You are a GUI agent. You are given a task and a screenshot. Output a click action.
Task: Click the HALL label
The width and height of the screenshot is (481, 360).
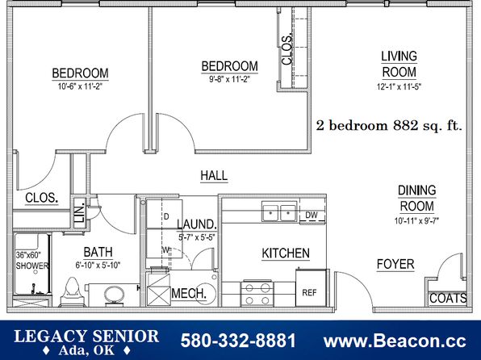click(x=214, y=175)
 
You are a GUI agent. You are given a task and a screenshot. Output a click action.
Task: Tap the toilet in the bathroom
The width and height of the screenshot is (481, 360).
click(x=73, y=291)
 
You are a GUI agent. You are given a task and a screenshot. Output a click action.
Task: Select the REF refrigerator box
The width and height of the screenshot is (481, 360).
click(x=311, y=287)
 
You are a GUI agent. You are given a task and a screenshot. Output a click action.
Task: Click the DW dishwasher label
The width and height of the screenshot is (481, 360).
click(x=312, y=215)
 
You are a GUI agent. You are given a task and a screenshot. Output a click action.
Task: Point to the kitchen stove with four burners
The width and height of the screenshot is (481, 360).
click(x=257, y=294)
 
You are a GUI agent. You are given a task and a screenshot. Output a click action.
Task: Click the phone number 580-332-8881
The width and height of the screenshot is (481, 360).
click(x=238, y=341)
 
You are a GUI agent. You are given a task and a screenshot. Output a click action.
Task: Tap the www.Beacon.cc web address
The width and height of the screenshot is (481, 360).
click(x=395, y=341)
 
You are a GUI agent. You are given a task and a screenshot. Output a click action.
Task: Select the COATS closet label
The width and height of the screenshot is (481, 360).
click(x=448, y=298)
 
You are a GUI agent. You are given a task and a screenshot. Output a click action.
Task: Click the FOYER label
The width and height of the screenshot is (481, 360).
click(x=395, y=264)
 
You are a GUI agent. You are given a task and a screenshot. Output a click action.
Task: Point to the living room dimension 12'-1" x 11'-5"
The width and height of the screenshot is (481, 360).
click(x=399, y=87)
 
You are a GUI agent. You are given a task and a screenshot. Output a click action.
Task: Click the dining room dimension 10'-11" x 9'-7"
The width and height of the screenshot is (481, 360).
click(x=416, y=220)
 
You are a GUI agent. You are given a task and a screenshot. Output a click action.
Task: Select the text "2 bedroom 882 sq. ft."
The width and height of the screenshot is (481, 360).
click(x=389, y=126)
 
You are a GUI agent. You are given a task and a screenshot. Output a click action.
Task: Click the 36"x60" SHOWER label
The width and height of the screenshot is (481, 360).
click(x=32, y=260)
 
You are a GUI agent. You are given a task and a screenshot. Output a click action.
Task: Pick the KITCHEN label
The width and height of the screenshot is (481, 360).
click(x=286, y=253)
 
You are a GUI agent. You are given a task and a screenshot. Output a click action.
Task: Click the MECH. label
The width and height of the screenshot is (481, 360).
click(x=189, y=293)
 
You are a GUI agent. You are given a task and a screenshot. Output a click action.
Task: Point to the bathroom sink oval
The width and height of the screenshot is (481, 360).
click(x=114, y=295)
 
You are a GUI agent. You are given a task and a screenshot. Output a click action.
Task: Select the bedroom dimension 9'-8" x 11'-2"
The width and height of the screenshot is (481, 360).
click(x=229, y=79)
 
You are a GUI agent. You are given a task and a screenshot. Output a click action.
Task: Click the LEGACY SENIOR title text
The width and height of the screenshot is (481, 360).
click(x=86, y=336)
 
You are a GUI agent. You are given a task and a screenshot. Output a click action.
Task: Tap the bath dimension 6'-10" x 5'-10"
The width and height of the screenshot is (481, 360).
click(x=98, y=265)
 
